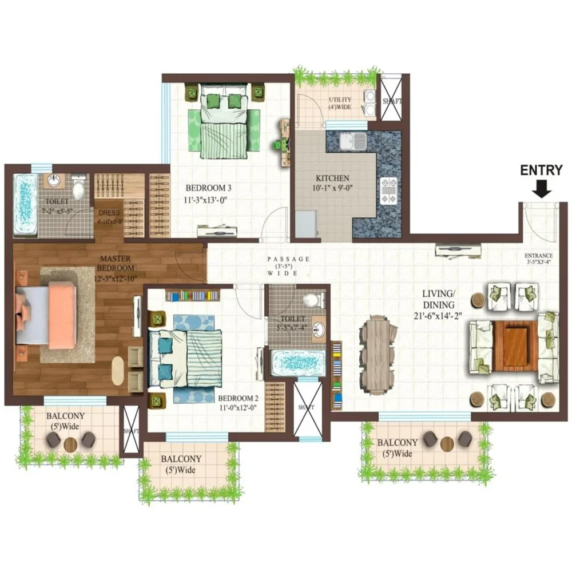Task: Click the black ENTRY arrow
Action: click(x=542, y=189)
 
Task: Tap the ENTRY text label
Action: click(x=541, y=170)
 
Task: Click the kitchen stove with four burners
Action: click(x=388, y=190)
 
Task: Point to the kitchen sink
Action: click(x=353, y=140)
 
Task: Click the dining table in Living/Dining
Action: click(x=378, y=355)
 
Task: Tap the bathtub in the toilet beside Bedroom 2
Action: click(x=297, y=363)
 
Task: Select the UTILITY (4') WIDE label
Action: click(x=340, y=104)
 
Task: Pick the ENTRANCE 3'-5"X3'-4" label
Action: click(x=539, y=259)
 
